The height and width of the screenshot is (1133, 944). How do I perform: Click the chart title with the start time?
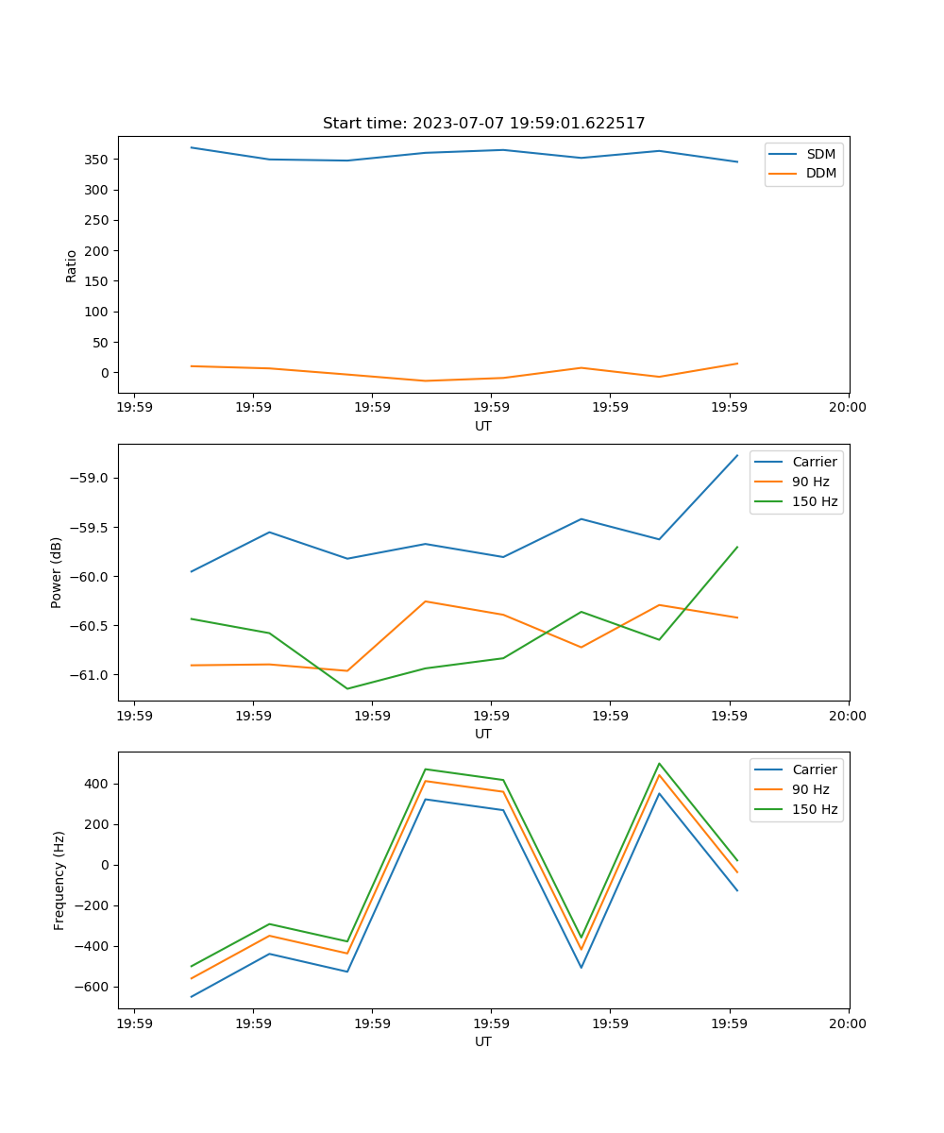[483, 124]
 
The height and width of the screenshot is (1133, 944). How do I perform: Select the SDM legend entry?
[820, 154]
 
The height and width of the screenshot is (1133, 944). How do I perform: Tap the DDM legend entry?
[820, 173]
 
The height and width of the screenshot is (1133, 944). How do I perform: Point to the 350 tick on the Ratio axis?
[98, 160]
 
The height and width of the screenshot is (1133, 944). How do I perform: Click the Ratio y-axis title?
[72, 265]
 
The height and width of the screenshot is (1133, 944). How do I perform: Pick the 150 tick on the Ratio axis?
[98, 281]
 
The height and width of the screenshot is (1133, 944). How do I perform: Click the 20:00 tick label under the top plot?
[847, 408]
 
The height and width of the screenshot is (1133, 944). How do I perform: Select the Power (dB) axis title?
[57, 572]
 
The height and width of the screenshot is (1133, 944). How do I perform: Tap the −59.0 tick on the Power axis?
[91, 478]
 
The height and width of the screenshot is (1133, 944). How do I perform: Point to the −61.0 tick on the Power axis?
[91, 675]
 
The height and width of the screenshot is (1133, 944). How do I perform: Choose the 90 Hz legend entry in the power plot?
[810, 482]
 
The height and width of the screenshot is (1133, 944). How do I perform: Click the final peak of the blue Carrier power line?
[737, 455]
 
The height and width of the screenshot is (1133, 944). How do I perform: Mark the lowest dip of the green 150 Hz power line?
[347, 688]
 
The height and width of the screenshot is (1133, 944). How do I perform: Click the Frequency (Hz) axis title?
[59, 880]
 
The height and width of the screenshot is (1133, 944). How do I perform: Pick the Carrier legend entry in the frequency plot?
[814, 769]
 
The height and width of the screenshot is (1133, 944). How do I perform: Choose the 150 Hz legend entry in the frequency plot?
[815, 809]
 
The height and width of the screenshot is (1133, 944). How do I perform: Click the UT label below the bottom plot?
[483, 1041]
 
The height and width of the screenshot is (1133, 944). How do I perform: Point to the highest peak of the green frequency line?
[659, 764]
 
